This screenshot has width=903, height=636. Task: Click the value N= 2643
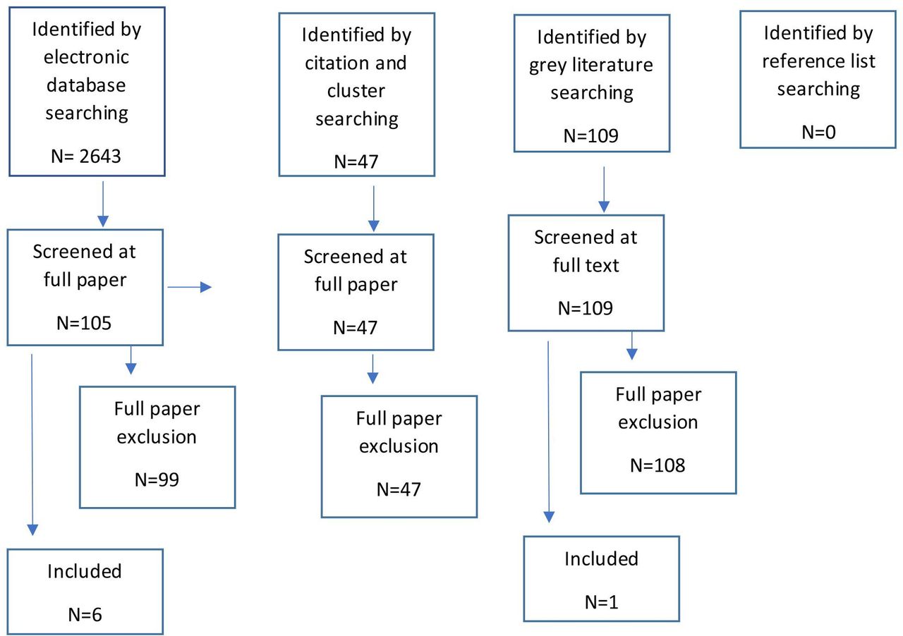pyautogui.click(x=86, y=156)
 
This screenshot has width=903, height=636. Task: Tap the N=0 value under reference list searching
pyautogui.click(x=818, y=132)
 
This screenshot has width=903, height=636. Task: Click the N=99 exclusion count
pyautogui.click(x=157, y=480)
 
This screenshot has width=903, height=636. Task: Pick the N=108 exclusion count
pyautogui.click(x=657, y=465)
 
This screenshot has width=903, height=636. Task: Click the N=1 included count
pyautogui.click(x=601, y=601)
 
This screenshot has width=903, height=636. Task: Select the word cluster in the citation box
pyautogui.click(x=356, y=91)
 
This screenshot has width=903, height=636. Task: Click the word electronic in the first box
pyautogui.click(x=86, y=57)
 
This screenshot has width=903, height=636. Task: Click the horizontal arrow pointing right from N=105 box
pyautogui.click(x=189, y=287)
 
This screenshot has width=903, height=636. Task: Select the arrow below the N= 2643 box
pyautogui.click(x=103, y=204)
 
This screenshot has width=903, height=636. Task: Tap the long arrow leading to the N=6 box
pyautogui.click(x=32, y=444)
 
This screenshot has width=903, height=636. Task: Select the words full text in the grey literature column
pyautogui.click(x=587, y=266)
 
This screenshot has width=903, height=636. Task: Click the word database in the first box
pyautogui.click(x=86, y=85)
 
